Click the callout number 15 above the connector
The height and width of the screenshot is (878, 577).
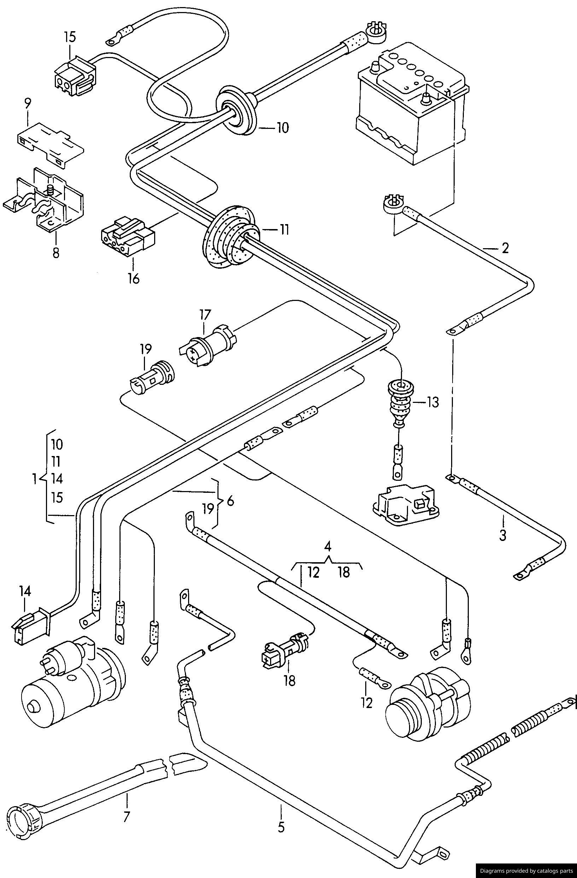70,37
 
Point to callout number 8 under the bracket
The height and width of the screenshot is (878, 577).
56,254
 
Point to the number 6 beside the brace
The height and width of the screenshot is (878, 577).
230,502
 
